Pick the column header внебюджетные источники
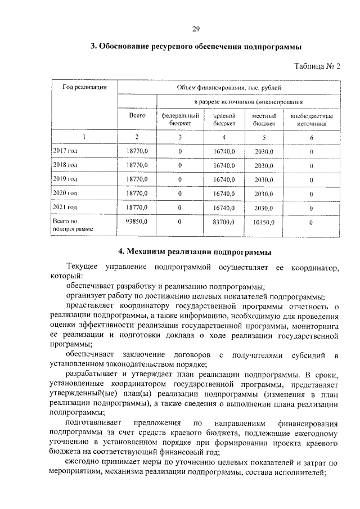[x=311, y=119]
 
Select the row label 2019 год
[x=65, y=179]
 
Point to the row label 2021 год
[x=65, y=208]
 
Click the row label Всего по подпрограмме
[x=68, y=226]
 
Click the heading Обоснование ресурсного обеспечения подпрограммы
[x=196, y=47]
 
